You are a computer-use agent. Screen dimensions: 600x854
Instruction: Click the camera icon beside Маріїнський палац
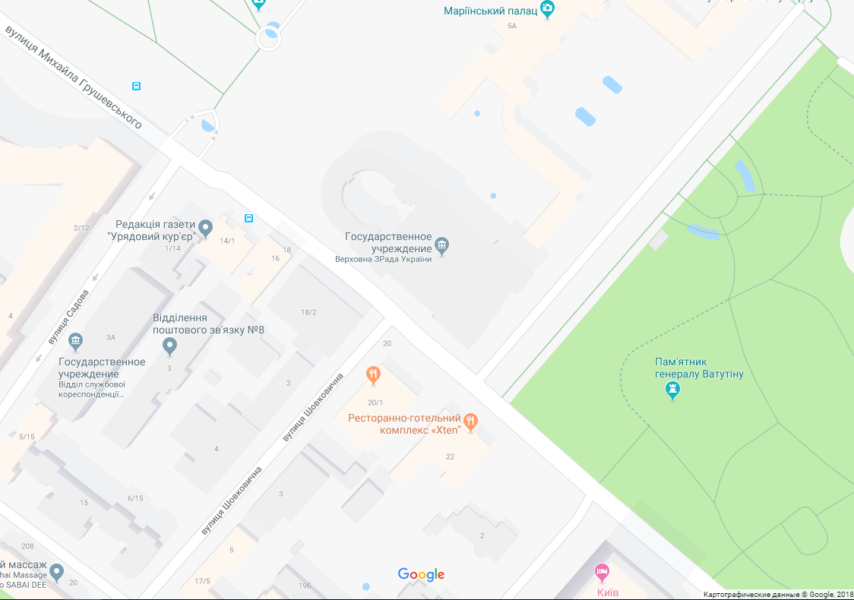547,9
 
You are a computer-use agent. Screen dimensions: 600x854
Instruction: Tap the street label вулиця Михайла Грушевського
74,77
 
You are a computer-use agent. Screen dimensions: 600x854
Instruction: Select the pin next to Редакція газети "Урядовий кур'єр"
205,227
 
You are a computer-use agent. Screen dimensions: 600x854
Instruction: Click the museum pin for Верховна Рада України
442,245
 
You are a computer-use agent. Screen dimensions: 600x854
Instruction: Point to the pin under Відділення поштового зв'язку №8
170,346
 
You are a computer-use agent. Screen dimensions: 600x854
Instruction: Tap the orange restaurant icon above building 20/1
373,374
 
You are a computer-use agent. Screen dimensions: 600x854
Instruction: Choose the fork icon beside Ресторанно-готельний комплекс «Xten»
470,422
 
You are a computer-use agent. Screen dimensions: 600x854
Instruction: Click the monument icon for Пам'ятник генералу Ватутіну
672,390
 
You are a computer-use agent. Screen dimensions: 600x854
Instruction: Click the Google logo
421,575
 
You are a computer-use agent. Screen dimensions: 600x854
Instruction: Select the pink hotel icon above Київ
602,570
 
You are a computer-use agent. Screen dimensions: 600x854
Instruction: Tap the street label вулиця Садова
68,317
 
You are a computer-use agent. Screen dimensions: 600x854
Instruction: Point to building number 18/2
308,312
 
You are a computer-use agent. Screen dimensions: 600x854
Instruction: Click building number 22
450,456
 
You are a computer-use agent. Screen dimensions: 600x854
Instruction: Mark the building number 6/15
135,498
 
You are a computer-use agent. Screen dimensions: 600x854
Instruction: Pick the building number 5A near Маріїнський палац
511,26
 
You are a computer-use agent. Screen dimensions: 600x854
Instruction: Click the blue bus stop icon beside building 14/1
248,218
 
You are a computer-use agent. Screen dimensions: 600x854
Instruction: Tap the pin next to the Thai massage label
56,571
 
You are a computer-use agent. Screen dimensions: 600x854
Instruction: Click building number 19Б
305,585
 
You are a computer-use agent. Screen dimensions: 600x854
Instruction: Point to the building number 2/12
81,228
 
